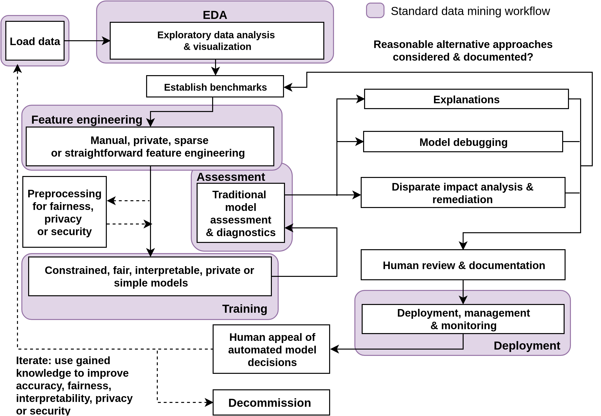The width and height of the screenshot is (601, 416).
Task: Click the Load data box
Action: tap(35, 41)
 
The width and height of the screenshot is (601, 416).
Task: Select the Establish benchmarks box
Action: tap(215, 87)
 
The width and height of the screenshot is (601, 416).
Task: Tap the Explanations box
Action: tap(466, 99)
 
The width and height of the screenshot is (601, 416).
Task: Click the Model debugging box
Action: tap(463, 142)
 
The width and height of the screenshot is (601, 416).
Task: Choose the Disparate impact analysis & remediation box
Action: tap(463, 193)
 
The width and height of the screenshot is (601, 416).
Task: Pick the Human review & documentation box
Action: tap(463, 265)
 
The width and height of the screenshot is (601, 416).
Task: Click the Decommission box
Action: tap(271, 403)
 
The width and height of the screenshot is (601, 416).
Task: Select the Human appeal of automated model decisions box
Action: tap(271, 349)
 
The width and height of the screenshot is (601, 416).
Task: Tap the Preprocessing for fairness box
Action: tap(65, 212)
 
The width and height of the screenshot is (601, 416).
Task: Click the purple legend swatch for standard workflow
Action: tap(375, 11)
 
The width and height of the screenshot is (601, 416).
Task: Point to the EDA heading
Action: tap(215, 15)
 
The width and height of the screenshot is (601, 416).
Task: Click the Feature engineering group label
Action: tap(87, 120)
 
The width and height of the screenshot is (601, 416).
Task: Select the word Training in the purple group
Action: tap(244, 309)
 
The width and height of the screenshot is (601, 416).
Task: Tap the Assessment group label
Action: tap(231, 177)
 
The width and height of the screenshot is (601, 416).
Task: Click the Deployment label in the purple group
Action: tap(527, 346)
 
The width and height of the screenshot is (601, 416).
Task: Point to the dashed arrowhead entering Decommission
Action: tap(209, 402)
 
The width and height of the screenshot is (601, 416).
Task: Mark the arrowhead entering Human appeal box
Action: tap(334, 349)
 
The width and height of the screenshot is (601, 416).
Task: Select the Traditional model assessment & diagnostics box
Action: tap(240, 213)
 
